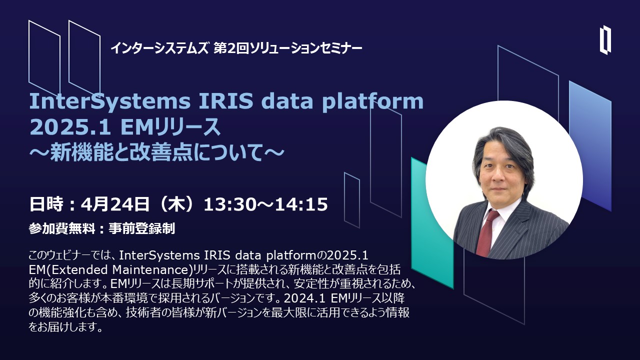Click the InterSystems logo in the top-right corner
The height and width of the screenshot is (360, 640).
pos(605,39)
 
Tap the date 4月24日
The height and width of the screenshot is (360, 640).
pos(114,204)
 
